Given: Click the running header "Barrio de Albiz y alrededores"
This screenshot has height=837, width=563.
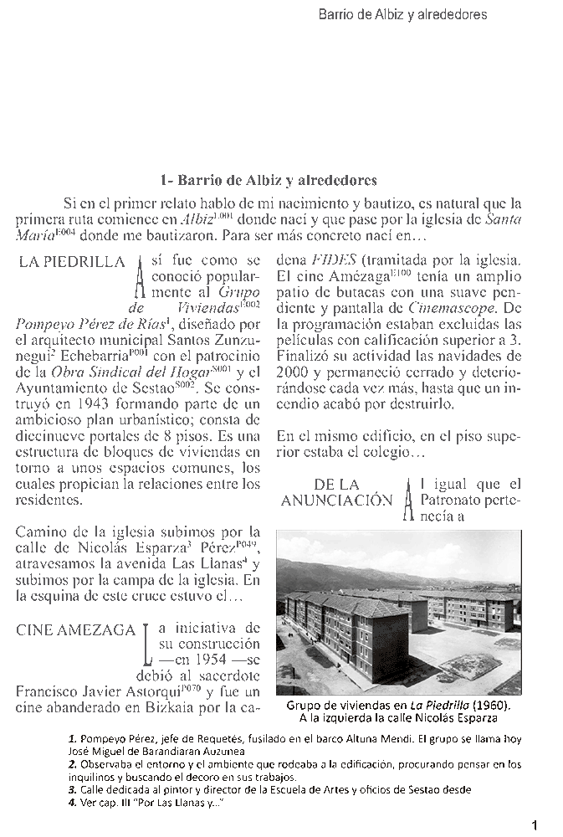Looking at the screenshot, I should point(402,15).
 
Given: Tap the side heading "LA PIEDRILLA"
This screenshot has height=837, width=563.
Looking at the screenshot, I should point(72,262).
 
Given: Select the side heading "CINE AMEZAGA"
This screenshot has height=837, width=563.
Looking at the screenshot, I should point(76,630).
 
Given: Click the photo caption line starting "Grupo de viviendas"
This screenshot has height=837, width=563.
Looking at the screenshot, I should point(398,705).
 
